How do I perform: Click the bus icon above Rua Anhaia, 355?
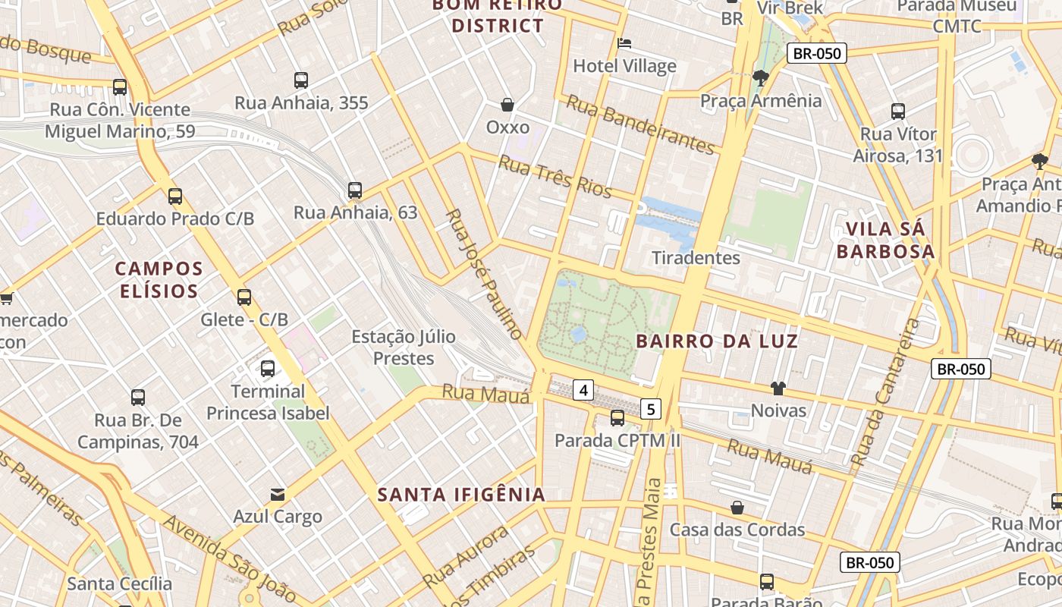pyautogui.click(x=301, y=80)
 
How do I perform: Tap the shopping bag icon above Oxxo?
pyautogui.click(x=507, y=104)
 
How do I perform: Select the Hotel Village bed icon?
pyautogui.click(x=624, y=43)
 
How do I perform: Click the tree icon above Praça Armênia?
pyautogui.click(x=760, y=77)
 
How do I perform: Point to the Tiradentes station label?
pyautogui.click(x=696, y=257)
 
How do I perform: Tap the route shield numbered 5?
pyautogui.click(x=650, y=409)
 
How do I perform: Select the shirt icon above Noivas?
pyautogui.click(x=778, y=388)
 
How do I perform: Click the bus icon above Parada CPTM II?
pyautogui.click(x=617, y=417)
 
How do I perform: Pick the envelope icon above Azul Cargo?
pyautogui.click(x=278, y=495)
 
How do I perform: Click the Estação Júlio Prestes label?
pyautogui.click(x=404, y=347)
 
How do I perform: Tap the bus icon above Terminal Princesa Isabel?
pyautogui.click(x=268, y=369)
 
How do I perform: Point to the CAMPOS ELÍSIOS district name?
pyautogui.click(x=159, y=279)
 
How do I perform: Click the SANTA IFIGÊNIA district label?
pyautogui.click(x=461, y=495)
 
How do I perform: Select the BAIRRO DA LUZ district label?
pyautogui.click(x=717, y=341)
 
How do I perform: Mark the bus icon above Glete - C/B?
pyautogui.click(x=244, y=297)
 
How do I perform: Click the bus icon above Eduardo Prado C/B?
pyautogui.click(x=175, y=197)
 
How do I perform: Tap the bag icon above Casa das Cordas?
pyautogui.click(x=737, y=507)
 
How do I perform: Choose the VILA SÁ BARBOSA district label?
pyautogui.click(x=885, y=240)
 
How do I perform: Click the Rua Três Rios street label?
pyautogui.click(x=555, y=176)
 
